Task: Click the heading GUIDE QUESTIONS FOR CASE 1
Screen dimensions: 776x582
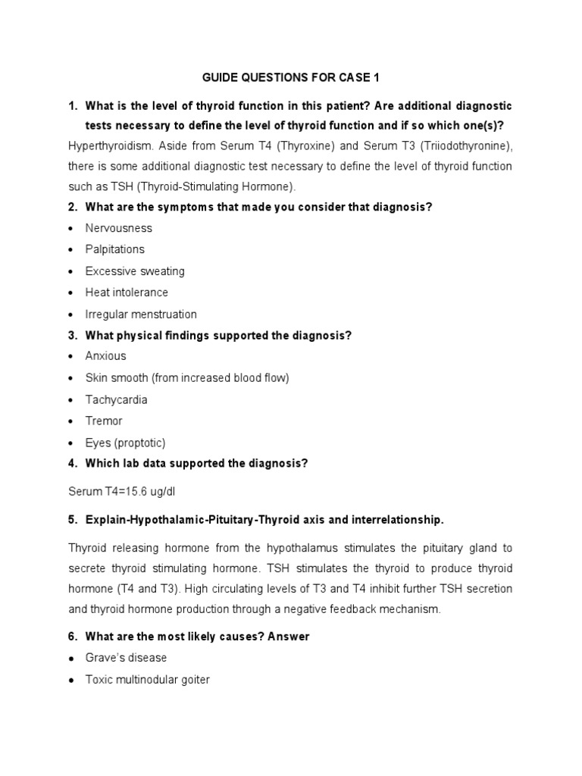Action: [291, 77]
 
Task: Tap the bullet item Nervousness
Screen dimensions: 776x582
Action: [118, 228]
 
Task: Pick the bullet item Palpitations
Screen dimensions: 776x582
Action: [114, 249]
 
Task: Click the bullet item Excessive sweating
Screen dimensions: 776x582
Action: [135, 271]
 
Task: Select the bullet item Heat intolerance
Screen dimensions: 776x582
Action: [127, 293]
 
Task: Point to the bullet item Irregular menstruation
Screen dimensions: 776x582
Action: [141, 314]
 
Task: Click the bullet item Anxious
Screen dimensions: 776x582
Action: [106, 356]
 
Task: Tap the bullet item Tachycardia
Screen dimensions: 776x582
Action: [116, 399]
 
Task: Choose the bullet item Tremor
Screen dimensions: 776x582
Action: [104, 421]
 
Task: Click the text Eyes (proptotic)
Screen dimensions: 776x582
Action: [125, 443]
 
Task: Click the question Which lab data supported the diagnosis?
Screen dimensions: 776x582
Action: [196, 464]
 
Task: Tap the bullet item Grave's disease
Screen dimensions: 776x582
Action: [126, 658]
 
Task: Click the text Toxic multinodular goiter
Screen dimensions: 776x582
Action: [147, 680]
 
